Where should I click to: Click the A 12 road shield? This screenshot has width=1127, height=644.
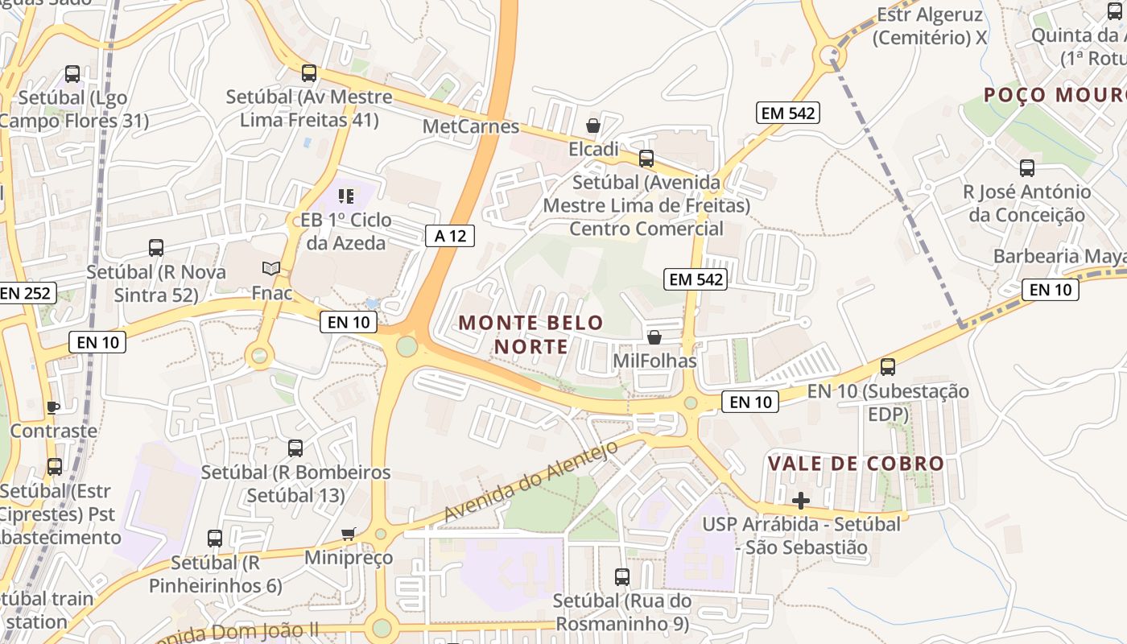450,236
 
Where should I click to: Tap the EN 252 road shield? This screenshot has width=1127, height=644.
27,293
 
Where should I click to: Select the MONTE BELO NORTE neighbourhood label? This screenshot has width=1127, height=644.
530,334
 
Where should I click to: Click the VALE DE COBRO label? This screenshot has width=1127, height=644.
856,464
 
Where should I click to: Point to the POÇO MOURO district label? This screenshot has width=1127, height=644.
1055,95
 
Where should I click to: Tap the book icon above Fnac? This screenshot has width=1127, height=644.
271,269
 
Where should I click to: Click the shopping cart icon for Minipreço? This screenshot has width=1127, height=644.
349,535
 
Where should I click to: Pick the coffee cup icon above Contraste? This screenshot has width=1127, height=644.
53,407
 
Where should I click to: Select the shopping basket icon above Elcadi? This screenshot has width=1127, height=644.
593,126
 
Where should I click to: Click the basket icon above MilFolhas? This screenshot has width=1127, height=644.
654,337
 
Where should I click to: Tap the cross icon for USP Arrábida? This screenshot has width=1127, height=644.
801,501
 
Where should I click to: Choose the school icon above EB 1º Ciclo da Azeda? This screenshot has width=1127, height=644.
346,196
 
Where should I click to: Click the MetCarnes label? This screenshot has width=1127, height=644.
471,126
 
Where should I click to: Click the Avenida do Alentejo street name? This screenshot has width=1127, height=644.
530,480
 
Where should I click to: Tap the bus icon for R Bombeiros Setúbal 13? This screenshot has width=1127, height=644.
295,448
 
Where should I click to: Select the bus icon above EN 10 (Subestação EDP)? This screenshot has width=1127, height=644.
888,367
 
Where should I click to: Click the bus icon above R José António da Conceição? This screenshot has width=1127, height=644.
1027,168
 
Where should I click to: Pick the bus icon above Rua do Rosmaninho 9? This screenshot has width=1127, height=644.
622,577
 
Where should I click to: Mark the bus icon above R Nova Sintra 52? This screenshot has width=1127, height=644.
156,248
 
